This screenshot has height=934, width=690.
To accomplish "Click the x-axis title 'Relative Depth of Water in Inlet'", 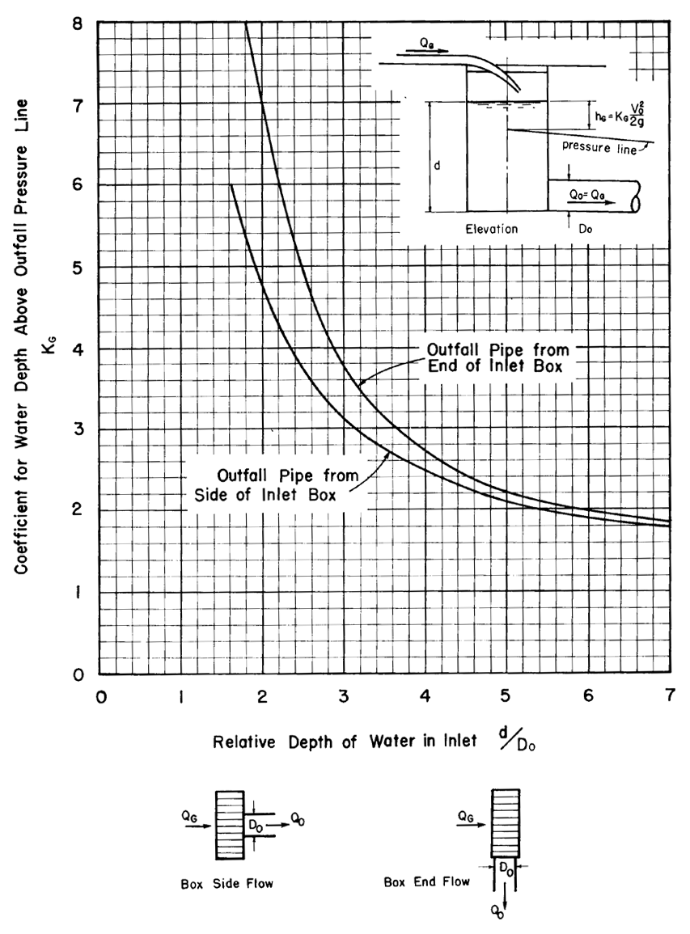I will (350, 743).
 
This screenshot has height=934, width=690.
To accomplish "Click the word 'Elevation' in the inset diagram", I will (491, 228).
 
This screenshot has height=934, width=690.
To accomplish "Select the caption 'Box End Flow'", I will (426, 881).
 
